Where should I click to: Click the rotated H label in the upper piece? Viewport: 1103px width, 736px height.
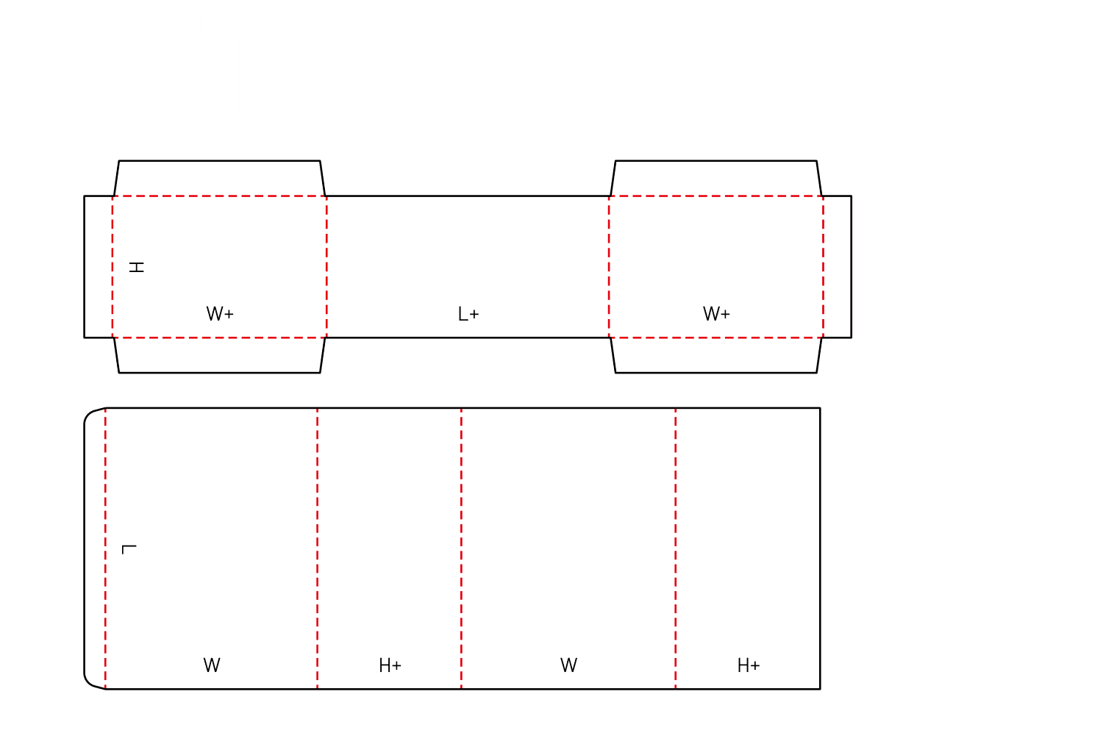pyautogui.click(x=136, y=268)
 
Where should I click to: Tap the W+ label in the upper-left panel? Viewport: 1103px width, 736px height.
pyautogui.click(x=220, y=314)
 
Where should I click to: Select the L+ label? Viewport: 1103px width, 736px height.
pyautogui.click(x=468, y=314)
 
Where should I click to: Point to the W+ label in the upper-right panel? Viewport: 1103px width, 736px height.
pyautogui.click(x=716, y=314)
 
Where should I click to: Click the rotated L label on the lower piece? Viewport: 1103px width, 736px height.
pyautogui.click(x=129, y=549)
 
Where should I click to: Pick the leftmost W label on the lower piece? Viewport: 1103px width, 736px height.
pyautogui.click(x=212, y=665)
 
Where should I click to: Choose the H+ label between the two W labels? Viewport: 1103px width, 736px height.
pyautogui.click(x=390, y=665)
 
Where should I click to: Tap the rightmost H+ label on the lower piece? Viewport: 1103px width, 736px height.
pyautogui.click(x=749, y=665)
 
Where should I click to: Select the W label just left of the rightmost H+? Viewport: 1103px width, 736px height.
pyautogui.click(x=568, y=665)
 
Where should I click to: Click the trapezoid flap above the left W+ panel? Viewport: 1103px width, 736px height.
pyautogui.click(x=220, y=178)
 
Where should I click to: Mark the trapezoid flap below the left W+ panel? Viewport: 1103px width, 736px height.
pyautogui.click(x=220, y=355)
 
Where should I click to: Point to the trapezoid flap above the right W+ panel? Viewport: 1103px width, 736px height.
pyautogui.click(x=716, y=178)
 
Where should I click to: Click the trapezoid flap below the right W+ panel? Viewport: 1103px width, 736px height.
pyautogui.click(x=716, y=355)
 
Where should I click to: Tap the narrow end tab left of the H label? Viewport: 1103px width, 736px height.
pyautogui.click(x=98, y=267)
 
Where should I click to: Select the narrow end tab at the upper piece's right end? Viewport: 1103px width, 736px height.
pyautogui.click(x=837, y=267)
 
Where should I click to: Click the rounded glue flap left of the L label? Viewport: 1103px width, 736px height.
pyautogui.click(x=95, y=549)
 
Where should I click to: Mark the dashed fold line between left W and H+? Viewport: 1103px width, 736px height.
pyautogui.click(x=317, y=549)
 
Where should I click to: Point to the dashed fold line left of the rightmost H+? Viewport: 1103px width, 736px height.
pyautogui.click(x=675, y=549)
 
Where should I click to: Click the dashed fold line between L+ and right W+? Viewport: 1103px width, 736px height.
pyautogui.click(x=609, y=267)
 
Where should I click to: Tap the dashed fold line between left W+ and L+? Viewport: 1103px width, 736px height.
pyautogui.click(x=326, y=267)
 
